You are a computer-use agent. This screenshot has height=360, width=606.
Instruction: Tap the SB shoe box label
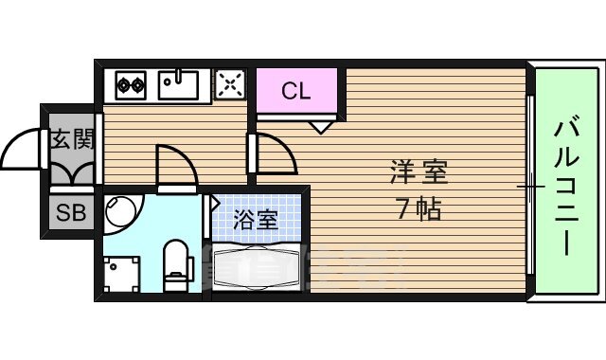click(70, 213)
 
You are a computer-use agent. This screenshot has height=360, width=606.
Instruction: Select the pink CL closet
click(295, 91)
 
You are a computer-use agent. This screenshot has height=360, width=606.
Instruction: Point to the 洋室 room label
click(418, 173)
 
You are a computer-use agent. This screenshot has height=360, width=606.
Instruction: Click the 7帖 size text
click(418, 209)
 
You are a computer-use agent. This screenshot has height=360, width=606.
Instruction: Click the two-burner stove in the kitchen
click(129, 86)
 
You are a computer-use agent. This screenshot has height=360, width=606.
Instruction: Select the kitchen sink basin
click(178, 85)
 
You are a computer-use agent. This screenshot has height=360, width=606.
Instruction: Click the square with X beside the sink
click(229, 85)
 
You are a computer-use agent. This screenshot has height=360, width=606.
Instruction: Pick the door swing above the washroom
click(176, 166)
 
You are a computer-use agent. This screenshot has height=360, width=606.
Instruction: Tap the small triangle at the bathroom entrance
click(215, 202)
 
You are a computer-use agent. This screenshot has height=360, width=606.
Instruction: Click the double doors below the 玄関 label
click(71, 173)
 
